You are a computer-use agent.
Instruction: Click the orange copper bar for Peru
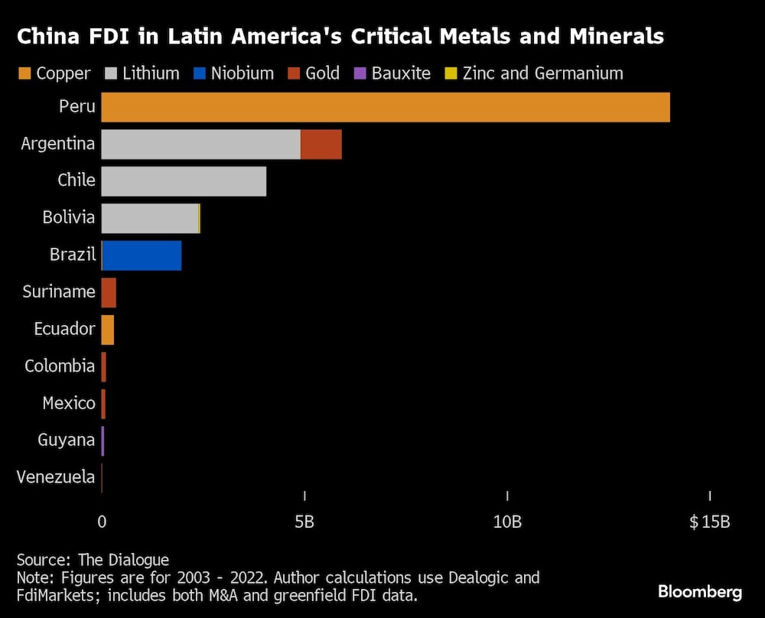click(386, 107)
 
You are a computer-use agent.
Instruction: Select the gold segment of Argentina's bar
click(321, 144)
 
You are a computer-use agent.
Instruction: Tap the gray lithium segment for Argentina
click(200, 144)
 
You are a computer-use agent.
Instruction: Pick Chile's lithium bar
click(184, 181)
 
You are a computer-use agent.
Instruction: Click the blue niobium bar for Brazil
click(142, 255)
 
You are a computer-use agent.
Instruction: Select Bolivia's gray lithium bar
click(149, 218)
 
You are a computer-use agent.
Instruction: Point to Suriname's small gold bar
click(109, 292)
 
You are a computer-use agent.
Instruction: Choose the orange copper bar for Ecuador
click(107, 330)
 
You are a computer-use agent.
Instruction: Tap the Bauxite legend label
click(401, 74)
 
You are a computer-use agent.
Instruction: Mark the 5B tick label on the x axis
click(304, 522)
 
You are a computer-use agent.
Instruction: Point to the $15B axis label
click(709, 522)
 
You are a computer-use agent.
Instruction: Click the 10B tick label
click(507, 522)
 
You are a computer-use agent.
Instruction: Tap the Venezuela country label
click(56, 478)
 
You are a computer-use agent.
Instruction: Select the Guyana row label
click(67, 441)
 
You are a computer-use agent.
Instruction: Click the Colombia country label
click(60, 366)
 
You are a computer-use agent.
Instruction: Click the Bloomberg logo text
click(699, 592)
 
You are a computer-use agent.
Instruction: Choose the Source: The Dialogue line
click(93, 560)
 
